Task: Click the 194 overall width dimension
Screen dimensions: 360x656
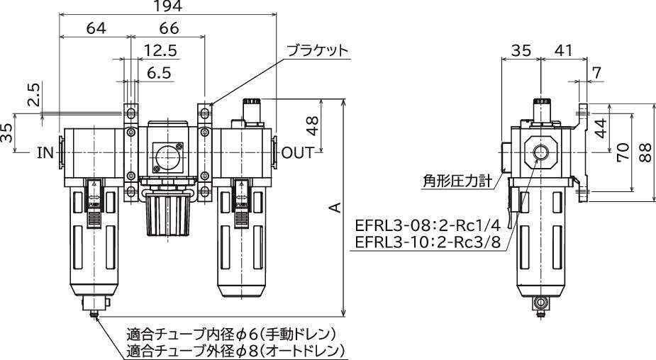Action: tap(167, 6)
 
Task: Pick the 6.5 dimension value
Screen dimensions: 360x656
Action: tap(158, 72)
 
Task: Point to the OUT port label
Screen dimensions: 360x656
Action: tap(298, 152)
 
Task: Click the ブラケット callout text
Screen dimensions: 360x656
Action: tap(318, 52)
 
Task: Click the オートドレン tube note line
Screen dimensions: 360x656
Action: tap(236, 351)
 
